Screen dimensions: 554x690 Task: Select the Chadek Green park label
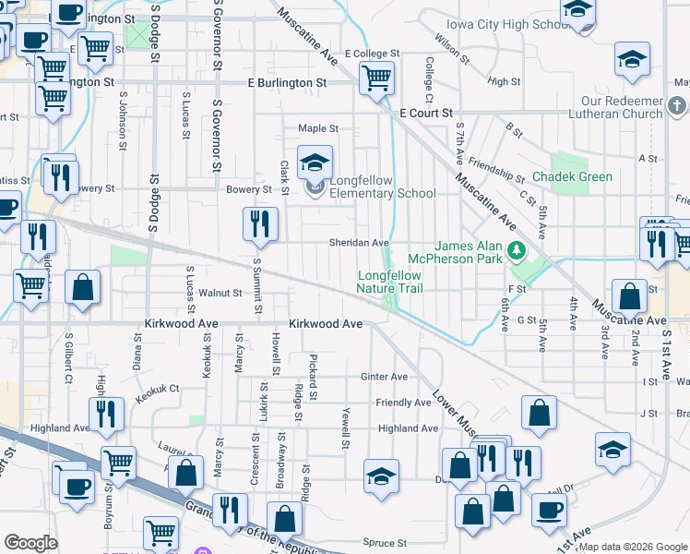(x=572, y=176)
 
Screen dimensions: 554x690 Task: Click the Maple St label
(x=317, y=128)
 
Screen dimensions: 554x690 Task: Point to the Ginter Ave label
(x=384, y=377)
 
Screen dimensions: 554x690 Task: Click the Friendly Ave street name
(x=403, y=403)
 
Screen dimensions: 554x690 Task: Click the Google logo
(x=30, y=543)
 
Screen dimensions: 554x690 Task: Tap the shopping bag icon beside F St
(x=629, y=296)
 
